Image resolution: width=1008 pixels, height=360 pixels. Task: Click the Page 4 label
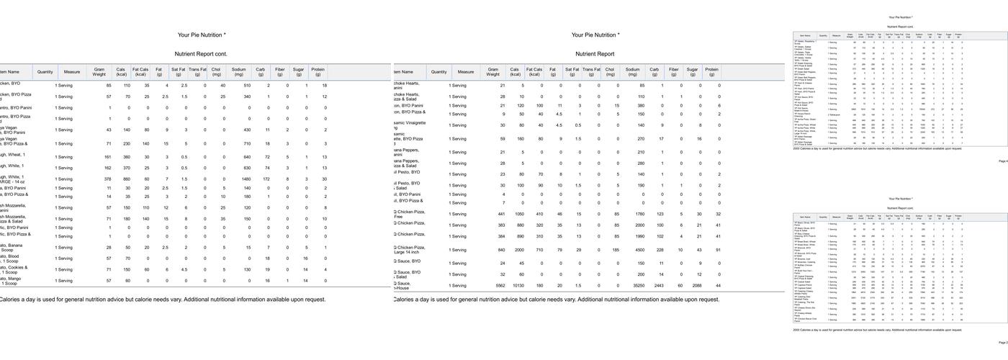(x=1003, y=161)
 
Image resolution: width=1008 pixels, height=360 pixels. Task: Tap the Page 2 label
(x=1003, y=343)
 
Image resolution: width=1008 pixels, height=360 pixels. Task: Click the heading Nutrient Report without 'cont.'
(x=595, y=54)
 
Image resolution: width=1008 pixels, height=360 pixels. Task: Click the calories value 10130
(x=516, y=286)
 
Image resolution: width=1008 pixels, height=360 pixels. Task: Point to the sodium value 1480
(x=246, y=179)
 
